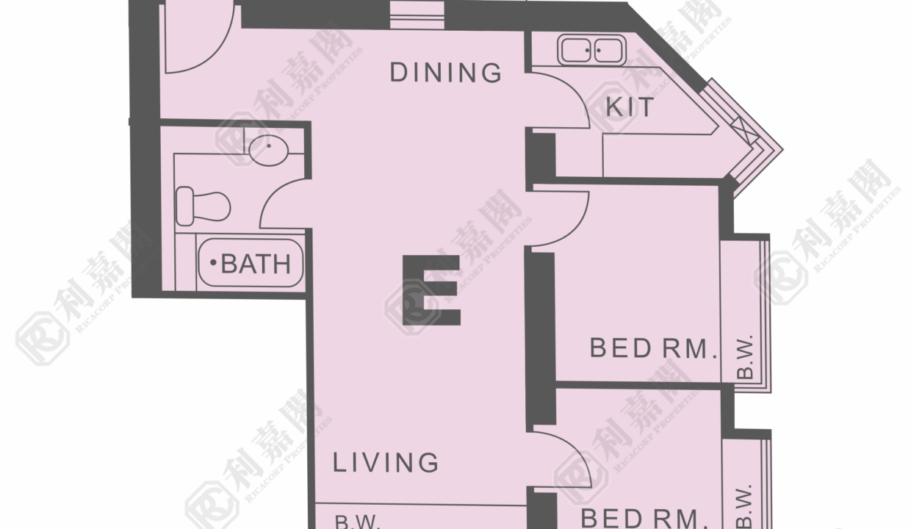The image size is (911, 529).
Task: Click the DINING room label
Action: coord(446,73)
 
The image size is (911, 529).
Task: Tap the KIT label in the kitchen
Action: coord(630,107)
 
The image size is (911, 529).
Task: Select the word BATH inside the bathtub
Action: coord(256,264)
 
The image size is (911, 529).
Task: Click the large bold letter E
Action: coord(431,290)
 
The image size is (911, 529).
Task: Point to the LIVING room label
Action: coord(386,463)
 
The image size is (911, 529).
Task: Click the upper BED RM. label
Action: coord(653,348)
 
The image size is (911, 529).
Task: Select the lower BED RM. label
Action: coord(644,518)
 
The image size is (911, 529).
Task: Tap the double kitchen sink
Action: coord(591,51)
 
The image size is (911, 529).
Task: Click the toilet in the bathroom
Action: coord(204,206)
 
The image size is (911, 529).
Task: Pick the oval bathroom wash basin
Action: coord(268,151)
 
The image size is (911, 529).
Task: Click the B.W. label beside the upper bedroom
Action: coord(745,357)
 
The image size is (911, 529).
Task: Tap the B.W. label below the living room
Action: coord(357,521)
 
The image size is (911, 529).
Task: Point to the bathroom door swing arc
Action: coord(272,195)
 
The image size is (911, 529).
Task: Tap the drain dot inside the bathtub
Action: coord(213,263)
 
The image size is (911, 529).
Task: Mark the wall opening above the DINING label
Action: coord(417,15)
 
